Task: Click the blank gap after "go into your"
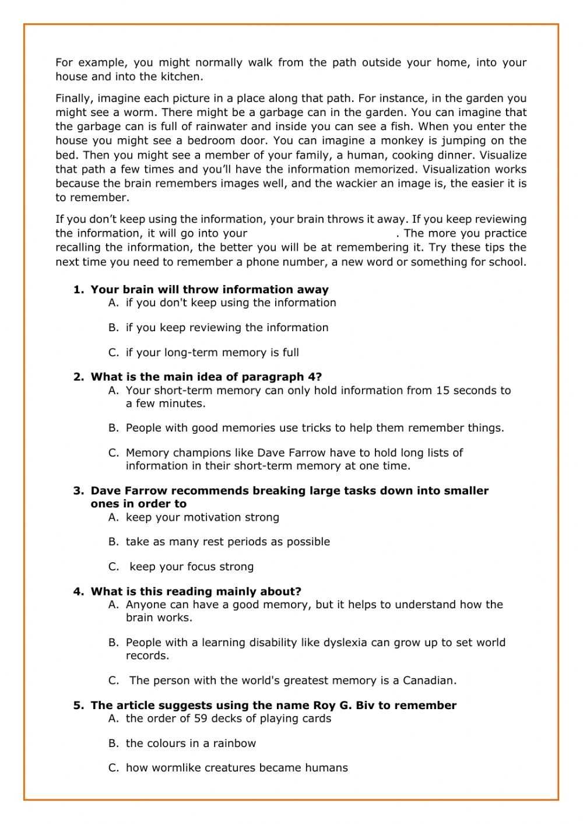pyautogui.click(x=321, y=233)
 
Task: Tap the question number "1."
pyautogui.click(x=79, y=290)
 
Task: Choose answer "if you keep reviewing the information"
pyautogui.click(x=227, y=328)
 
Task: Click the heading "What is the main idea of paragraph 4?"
pyautogui.click(x=206, y=377)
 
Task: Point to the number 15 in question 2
pyautogui.click(x=442, y=391)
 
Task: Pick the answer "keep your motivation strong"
pyautogui.click(x=202, y=517)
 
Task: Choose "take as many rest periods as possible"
pyautogui.click(x=227, y=542)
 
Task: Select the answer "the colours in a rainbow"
pyautogui.click(x=191, y=744)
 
